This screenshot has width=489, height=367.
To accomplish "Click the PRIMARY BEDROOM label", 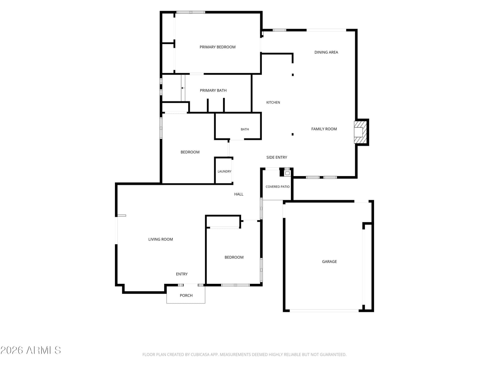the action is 217,47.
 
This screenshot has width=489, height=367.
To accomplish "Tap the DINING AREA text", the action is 326,52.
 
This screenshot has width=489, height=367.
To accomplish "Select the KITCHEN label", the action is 273,102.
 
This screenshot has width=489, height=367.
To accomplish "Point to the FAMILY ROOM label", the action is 324,129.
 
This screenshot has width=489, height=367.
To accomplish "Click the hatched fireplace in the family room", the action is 360,132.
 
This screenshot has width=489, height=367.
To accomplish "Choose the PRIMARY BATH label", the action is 213,91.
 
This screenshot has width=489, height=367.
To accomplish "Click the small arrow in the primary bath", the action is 182,88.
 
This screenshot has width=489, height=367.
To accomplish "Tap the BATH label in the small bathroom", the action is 244,129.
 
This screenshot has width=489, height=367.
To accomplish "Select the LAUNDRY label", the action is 224,172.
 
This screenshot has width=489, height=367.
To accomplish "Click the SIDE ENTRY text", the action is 277,158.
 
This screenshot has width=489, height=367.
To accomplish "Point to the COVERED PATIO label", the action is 278,187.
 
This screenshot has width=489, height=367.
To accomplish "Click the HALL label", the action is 239,194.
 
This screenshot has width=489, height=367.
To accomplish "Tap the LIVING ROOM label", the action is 160,239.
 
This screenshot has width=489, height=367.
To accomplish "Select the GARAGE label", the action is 329,262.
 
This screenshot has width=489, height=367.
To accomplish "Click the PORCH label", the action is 186,296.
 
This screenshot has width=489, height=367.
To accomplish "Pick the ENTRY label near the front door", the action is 182,274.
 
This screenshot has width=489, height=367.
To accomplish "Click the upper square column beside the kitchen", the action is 292,75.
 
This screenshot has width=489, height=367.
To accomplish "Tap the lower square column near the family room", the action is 292,134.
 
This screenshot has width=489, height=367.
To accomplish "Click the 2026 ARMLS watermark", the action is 31,350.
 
